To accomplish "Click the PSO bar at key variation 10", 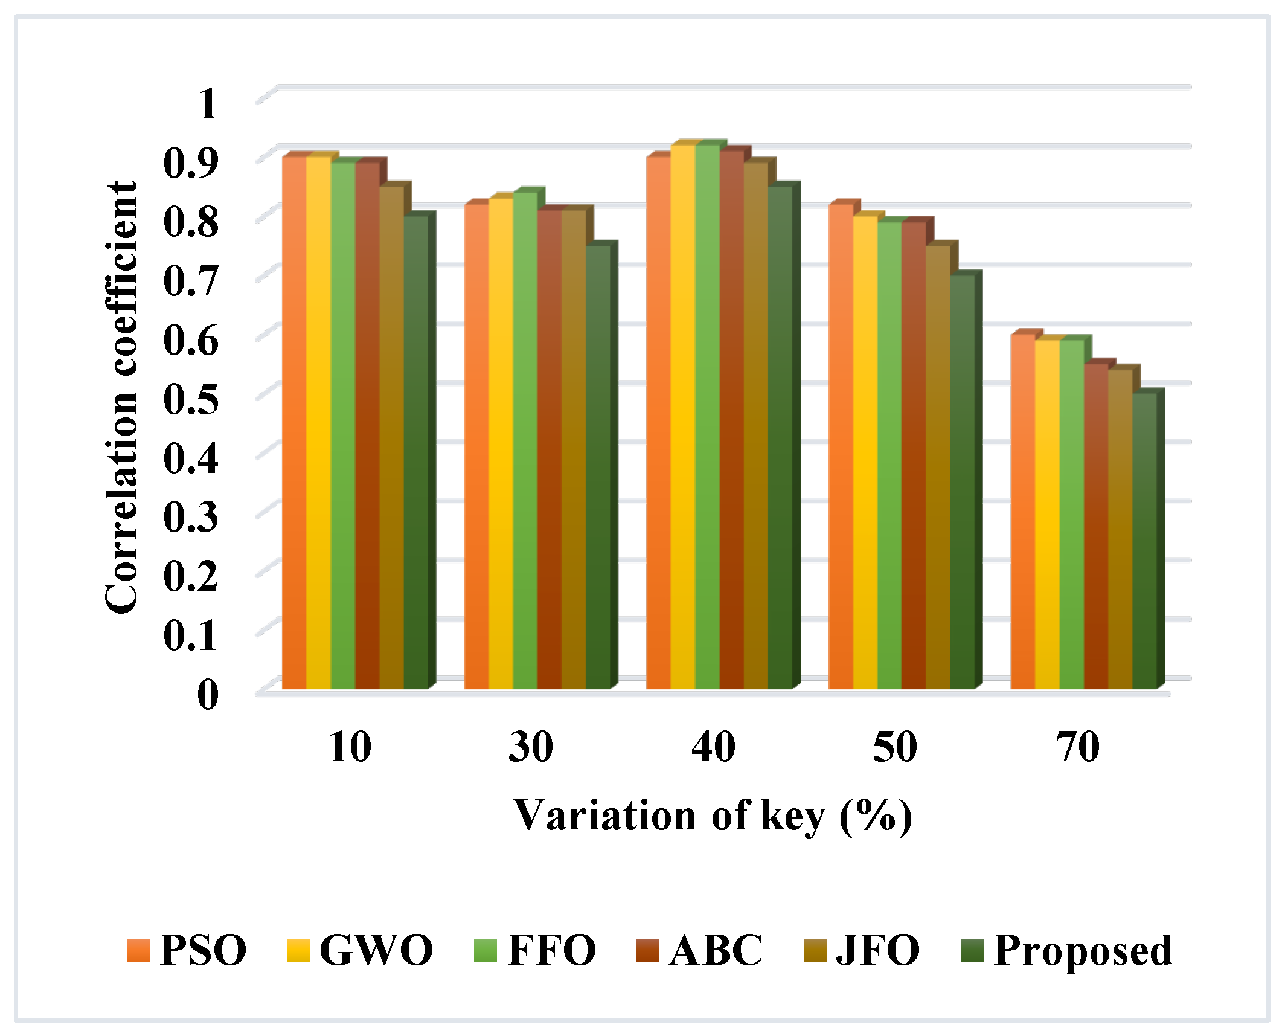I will pyautogui.click(x=294, y=423).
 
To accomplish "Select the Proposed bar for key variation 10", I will pyautogui.click(x=415, y=453).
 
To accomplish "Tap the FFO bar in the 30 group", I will pyautogui.click(x=525, y=441).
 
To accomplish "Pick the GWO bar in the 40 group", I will pyautogui.click(x=682, y=417).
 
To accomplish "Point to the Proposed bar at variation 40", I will pyautogui.click(x=780, y=435).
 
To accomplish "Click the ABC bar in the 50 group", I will pyautogui.click(x=913, y=453).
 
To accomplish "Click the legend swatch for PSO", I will pyautogui.click(x=138, y=950).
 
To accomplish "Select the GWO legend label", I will pyautogui.click(x=376, y=950).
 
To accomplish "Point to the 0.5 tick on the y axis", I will pyautogui.click(x=190, y=399).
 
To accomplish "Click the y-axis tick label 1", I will pyautogui.click(x=207, y=103).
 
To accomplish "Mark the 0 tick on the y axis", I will pyautogui.click(x=207, y=695).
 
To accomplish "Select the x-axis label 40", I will pyautogui.click(x=713, y=747).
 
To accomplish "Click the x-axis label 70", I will pyautogui.click(x=1077, y=747).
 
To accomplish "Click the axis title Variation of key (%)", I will pyautogui.click(x=713, y=816).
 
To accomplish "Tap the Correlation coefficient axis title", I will pyautogui.click(x=121, y=397).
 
